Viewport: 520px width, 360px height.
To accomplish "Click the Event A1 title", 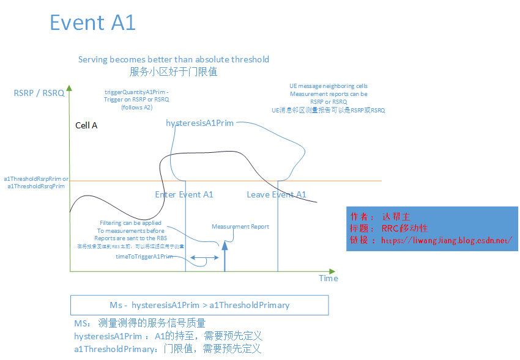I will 92,23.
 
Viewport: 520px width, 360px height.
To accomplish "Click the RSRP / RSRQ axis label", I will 39,94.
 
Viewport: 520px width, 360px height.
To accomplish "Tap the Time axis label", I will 328,278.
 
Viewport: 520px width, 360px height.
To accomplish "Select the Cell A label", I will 86,125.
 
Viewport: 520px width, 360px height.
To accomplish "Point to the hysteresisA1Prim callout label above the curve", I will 199,123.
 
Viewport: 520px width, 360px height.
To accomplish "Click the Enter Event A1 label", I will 184,194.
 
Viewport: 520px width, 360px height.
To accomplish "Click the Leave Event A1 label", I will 276,194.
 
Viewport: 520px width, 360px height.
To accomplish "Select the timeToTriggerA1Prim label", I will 144,257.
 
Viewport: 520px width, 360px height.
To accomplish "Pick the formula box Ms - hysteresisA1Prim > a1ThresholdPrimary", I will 199,305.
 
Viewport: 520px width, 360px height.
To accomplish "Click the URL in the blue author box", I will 447,240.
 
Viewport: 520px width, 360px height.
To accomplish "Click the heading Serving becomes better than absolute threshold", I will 174,59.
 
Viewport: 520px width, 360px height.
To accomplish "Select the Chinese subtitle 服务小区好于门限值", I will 173,72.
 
